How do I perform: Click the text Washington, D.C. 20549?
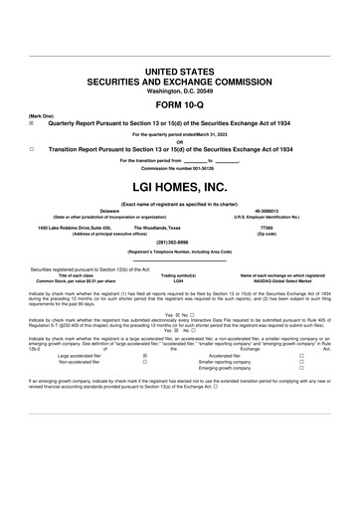180,91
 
